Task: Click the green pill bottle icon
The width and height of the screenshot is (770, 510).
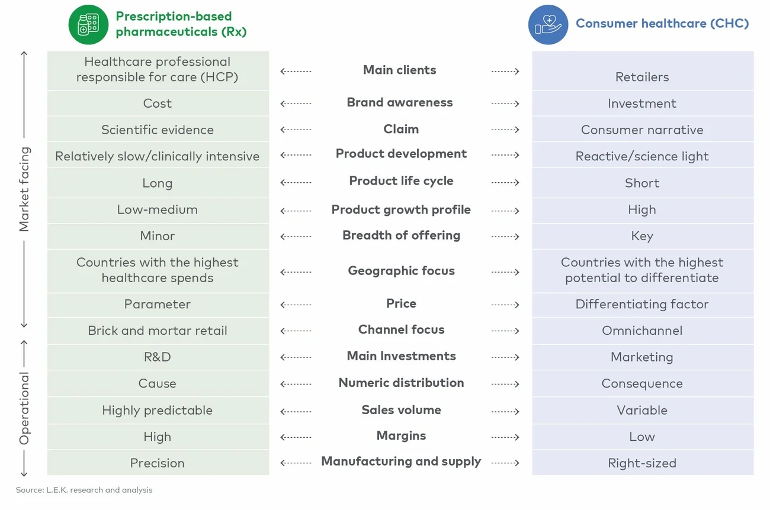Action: tap(88, 24)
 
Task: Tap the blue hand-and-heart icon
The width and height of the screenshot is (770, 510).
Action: tap(548, 25)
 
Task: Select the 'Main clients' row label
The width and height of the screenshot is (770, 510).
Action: tap(400, 70)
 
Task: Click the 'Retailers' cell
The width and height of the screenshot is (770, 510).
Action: tap(642, 77)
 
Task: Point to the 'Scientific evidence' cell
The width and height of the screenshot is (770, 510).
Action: tap(158, 130)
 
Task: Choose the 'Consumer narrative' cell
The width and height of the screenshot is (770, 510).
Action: tap(642, 130)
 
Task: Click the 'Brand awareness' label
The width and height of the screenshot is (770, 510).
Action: tap(400, 103)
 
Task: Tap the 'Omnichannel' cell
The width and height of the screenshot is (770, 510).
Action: tap(642, 331)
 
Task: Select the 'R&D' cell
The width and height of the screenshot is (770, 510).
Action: tap(158, 357)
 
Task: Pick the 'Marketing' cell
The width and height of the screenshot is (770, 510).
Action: tap(642, 357)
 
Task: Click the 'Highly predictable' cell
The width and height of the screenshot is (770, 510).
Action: tap(158, 411)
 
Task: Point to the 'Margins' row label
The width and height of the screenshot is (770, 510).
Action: tap(401, 436)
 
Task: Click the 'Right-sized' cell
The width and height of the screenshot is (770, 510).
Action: tap(642, 463)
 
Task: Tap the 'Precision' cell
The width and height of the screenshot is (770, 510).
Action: tap(158, 463)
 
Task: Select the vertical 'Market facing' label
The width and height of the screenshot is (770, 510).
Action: tap(24, 189)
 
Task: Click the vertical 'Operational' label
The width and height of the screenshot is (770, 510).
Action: tap(24, 408)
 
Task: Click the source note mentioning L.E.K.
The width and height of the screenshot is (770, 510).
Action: tap(84, 490)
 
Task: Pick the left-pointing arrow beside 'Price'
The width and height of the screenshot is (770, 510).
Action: tap(296, 305)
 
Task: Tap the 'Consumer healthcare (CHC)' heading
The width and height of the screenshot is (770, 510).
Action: tap(662, 24)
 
